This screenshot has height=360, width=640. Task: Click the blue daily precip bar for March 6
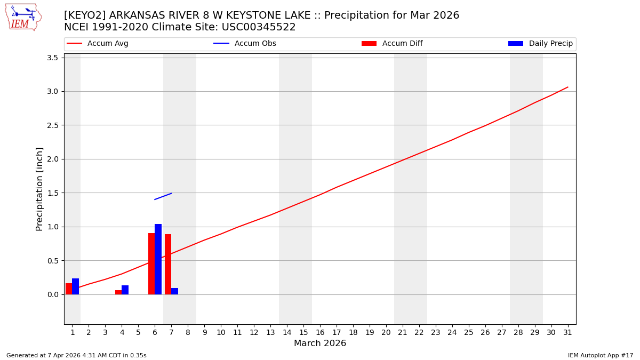pyautogui.click(x=158, y=259)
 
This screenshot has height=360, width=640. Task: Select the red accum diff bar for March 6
pyautogui.click(x=151, y=263)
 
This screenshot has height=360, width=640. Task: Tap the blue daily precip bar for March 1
pyautogui.click(x=75, y=286)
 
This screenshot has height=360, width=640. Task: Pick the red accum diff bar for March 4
pyautogui.click(x=118, y=292)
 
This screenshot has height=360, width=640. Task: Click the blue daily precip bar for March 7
pyautogui.click(x=174, y=291)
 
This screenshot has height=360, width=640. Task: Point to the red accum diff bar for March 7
pyautogui.click(x=168, y=264)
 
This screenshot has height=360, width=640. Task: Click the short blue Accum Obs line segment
pyautogui.click(x=163, y=196)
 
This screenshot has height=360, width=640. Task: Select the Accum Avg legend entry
pyautogui.click(x=98, y=44)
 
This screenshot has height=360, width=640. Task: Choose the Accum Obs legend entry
pyautogui.click(x=245, y=44)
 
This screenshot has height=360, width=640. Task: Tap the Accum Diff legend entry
pyautogui.click(x=392, y=44)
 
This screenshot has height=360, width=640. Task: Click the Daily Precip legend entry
pyautogui.click(x=541, y=44)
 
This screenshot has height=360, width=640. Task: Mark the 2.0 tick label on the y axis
pyautogui.click(x=52, y=159)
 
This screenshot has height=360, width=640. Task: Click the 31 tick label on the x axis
pyautogui.click(x=567, y=332)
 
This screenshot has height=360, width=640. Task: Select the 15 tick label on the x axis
pyautogui.click(x=303, y=332)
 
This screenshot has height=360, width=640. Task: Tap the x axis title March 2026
pyautogui.click(x=320, y=343)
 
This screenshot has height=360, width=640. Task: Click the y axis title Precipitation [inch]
pyautogui.click(x=39, y=189)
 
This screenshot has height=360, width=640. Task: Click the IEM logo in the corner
pyautogui.click(x=23, y=17)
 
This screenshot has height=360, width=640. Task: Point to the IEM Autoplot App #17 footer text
pyautogui.click(x=601, y=355)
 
